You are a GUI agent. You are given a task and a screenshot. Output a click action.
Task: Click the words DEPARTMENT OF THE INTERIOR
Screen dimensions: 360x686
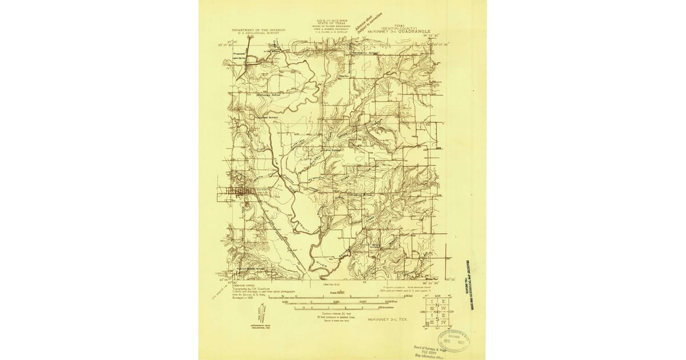253,30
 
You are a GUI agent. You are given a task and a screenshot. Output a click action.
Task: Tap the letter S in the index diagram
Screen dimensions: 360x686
437,318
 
